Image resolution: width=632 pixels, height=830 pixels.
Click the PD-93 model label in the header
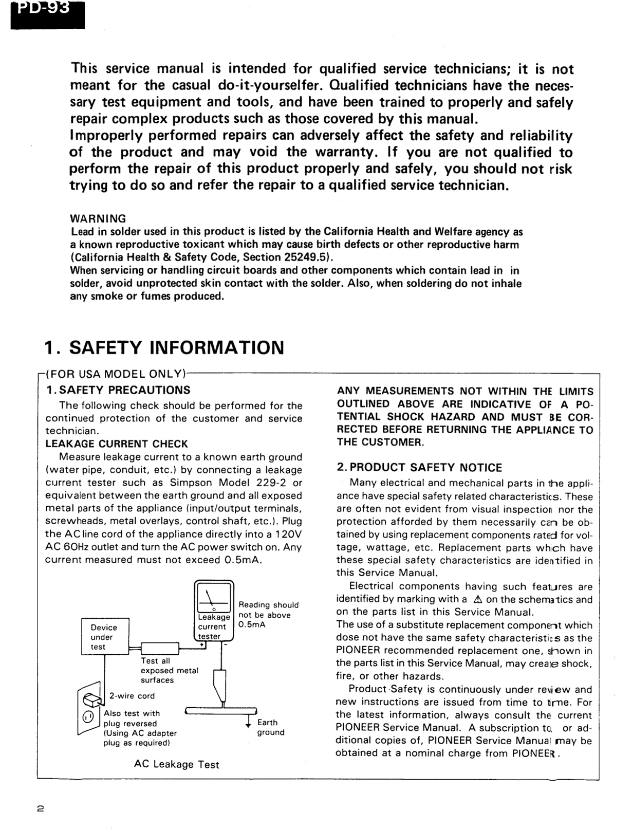tap(47, 11)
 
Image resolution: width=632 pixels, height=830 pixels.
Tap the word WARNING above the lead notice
tap(98, 218)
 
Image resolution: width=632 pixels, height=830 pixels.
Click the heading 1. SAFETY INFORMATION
tap(164, 347)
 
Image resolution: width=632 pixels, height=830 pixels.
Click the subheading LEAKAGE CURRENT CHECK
tap(116, 444)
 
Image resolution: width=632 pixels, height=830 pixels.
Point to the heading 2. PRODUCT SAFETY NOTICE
tap(419, 467)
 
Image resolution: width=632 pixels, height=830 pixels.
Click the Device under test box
tap(104, 637)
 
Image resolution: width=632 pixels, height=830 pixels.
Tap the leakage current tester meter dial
tap(214, 598)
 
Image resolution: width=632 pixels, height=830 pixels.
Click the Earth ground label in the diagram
tap(270, 727)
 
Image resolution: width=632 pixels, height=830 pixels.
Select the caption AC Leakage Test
tap(176, 764)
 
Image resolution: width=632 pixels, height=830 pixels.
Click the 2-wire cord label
tap(132, 695)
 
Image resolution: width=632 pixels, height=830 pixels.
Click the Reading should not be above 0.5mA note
tap(268, 615)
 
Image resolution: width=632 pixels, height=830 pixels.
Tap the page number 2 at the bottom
tap(41, 808)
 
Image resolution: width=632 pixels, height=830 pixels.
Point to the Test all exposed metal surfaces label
tap(169, 670)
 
